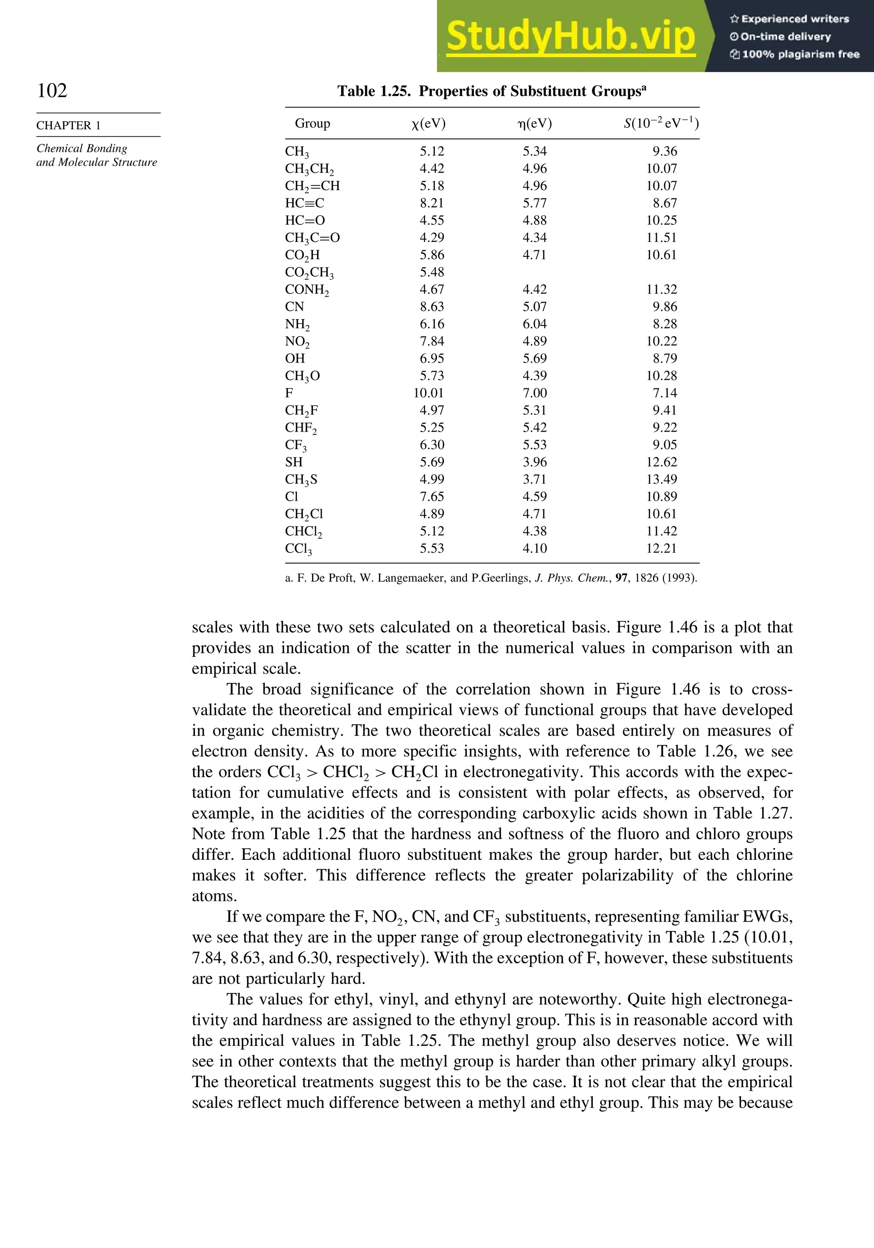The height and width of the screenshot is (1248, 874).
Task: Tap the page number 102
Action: (x=52, y=90)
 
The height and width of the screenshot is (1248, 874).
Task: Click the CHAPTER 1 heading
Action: (x=69, y=125)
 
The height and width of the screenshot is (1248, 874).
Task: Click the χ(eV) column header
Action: (x=428, y=124)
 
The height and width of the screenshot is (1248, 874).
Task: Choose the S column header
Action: (x=661, y=124)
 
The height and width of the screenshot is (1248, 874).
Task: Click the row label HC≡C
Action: (x=305, y=203)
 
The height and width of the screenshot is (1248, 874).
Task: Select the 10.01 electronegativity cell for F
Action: (x=428, y=393)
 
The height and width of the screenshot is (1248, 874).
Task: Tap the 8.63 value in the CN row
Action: (x=432, y=307)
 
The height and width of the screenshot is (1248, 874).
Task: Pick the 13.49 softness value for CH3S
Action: (x=661, y=479)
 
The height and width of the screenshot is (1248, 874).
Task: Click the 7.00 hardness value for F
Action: (x=535, y=393)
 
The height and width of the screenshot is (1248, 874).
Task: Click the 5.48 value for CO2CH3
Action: (x=432, y=272)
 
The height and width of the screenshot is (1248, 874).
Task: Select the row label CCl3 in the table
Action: (x=299, y=549)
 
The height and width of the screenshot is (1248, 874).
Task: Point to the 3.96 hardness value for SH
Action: (x=535, y=462)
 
